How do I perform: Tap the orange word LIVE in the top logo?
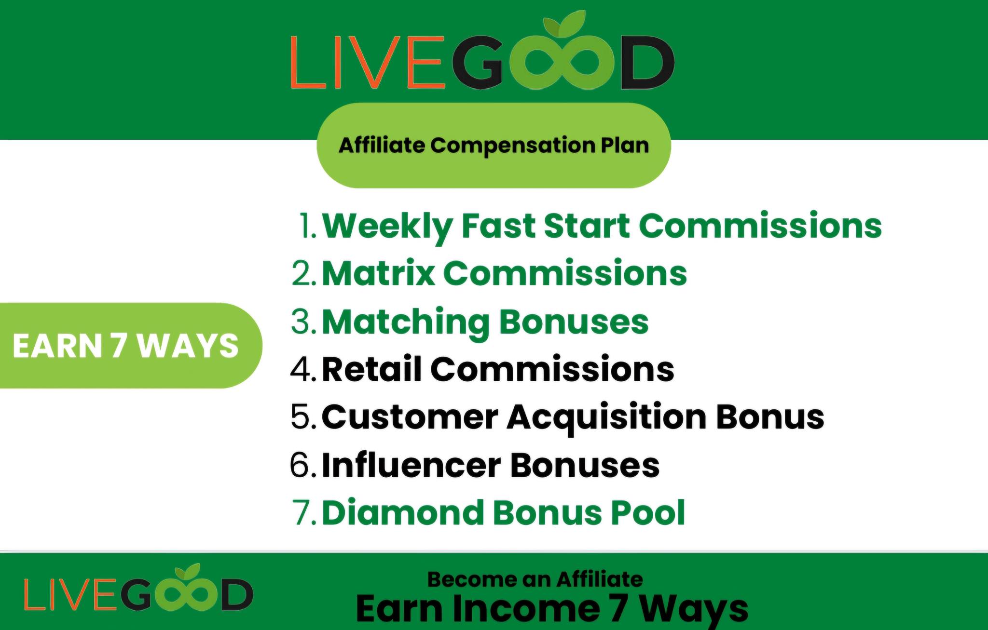pyautogui.click(x=367, y=61)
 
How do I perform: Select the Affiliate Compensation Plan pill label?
pyautogui.click(x=494, y=145)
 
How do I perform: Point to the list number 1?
pyautogui.click(x=308, y=226)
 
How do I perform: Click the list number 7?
pyautogui.click(x=304, y=512)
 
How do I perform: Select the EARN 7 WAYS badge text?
pyautogui.click(x=125, y=346)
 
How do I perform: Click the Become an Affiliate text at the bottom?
pyautogui.click(x=535, y=579)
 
